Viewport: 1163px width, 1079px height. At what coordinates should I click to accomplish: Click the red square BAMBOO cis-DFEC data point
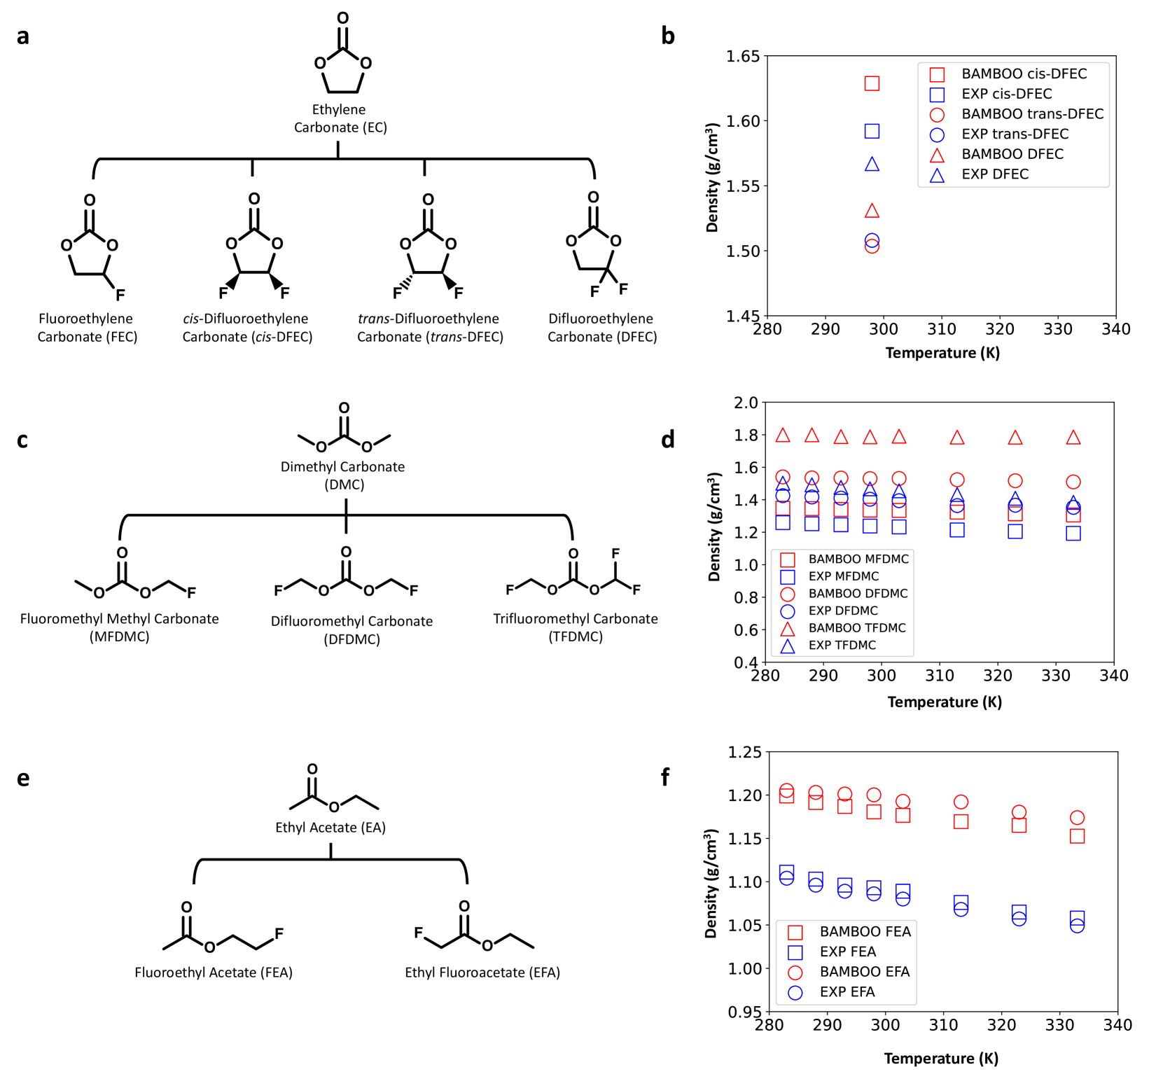872,83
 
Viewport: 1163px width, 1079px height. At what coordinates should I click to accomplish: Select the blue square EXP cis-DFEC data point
872,131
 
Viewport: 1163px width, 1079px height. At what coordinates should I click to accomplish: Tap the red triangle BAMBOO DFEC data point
872,211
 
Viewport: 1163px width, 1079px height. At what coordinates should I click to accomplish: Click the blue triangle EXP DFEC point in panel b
872,165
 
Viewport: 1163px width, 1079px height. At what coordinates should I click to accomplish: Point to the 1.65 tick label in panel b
743,56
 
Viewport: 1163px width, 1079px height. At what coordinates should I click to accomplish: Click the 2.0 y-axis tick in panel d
746,403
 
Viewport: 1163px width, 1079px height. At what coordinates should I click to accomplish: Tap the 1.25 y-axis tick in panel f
744,752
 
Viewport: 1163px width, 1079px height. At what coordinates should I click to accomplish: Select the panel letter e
23,778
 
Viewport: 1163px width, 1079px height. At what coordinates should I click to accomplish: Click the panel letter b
668,36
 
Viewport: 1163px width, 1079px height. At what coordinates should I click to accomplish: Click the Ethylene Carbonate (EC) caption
340,118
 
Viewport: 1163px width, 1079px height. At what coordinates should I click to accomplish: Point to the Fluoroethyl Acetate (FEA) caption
214,972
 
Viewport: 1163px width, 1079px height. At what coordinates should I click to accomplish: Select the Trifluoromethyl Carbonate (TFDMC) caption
576,627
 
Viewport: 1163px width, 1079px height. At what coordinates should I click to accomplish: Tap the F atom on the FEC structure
120,295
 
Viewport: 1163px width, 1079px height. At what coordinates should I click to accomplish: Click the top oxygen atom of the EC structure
342,18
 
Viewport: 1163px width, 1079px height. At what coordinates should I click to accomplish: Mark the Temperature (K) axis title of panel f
941,1058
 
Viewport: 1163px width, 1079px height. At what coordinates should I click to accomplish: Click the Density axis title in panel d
714,527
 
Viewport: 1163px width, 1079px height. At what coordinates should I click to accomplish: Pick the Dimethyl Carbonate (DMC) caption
343,475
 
